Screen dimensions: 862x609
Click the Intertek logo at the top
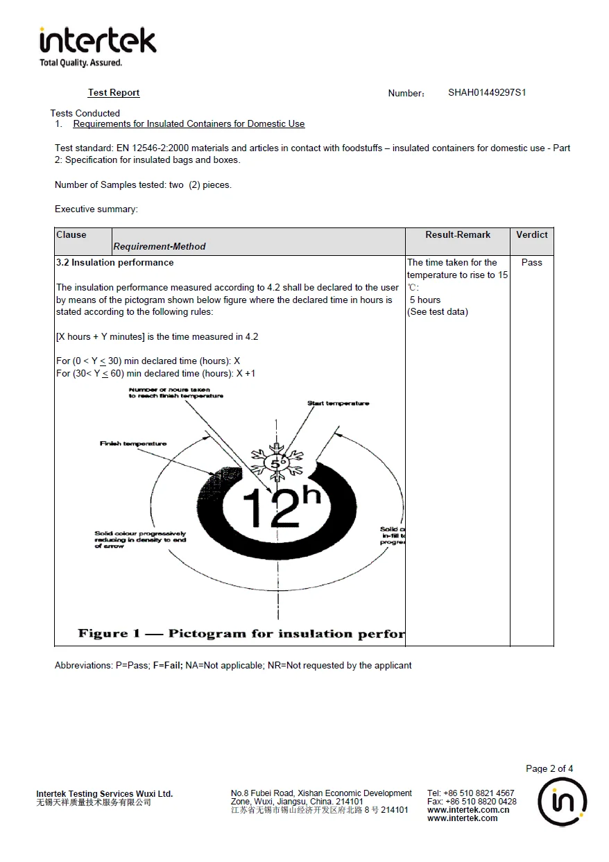(98, 45)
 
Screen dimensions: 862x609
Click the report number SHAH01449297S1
(487, 92)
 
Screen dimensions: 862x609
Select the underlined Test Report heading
(114, 93)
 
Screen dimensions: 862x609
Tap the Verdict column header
(532, 235)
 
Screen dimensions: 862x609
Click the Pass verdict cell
(532, 263)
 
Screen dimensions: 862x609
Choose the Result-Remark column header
(458, 235)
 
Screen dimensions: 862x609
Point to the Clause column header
(71, 235)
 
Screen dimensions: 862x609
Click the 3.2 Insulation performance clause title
(115, 263)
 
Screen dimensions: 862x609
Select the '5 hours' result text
(425, 300)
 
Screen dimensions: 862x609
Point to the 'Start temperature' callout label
(338, 404)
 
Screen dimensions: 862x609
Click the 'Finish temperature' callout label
(133, 444)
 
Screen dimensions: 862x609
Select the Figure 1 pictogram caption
(241, 634)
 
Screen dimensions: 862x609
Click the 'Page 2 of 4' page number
(549, 768)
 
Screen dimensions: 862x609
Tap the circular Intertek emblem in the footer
(563, 802)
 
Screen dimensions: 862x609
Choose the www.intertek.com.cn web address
(468, 810)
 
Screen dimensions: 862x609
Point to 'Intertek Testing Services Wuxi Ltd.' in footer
(105, 794)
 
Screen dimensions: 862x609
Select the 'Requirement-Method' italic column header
(160, 246)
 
